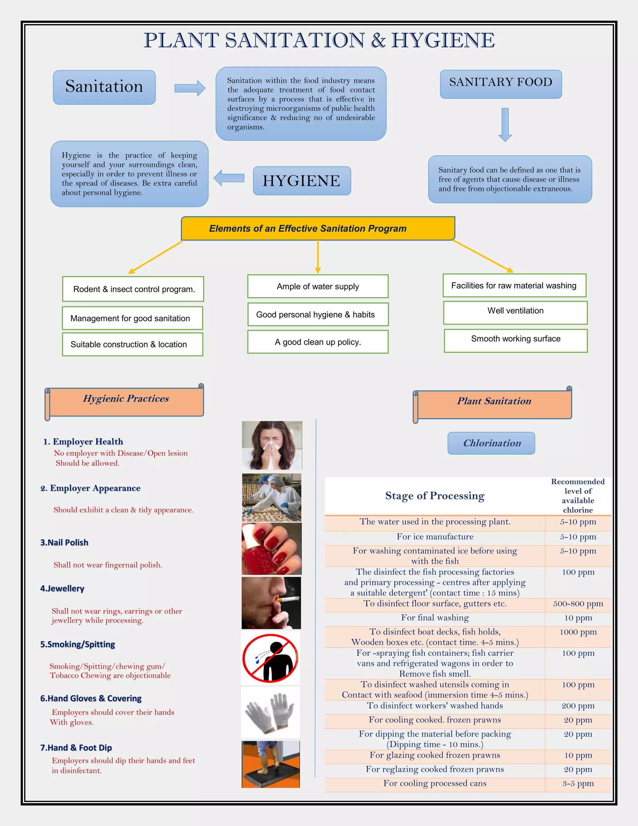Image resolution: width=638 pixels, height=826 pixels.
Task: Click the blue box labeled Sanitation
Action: (104, 87)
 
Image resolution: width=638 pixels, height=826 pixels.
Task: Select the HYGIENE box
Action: (302, 181)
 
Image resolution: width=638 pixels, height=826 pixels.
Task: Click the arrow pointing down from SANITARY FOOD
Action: (505, 124)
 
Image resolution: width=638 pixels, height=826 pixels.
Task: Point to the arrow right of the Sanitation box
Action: (190, 88)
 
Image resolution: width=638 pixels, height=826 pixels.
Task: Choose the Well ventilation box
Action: (515, 312)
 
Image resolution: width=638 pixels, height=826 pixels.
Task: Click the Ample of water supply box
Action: (317, 286)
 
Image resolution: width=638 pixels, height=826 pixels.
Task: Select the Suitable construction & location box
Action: (132, 344)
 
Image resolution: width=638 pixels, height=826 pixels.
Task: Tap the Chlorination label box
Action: (491, 443)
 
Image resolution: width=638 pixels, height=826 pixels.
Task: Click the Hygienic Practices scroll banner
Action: (126, 401)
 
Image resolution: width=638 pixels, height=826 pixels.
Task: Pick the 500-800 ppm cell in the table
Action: (578, 604)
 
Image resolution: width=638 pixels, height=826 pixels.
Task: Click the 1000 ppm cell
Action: (578, 632)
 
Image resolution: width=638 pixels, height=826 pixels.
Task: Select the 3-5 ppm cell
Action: (578, 783)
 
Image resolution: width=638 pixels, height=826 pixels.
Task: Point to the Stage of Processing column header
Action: (435, 496)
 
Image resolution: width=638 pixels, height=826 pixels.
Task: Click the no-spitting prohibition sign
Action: (270, 658)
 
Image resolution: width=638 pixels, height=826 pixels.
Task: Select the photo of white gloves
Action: (270, 712)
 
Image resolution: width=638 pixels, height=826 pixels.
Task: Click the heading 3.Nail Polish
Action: (64, 542)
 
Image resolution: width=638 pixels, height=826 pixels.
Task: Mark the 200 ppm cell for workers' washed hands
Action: (578, 706)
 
